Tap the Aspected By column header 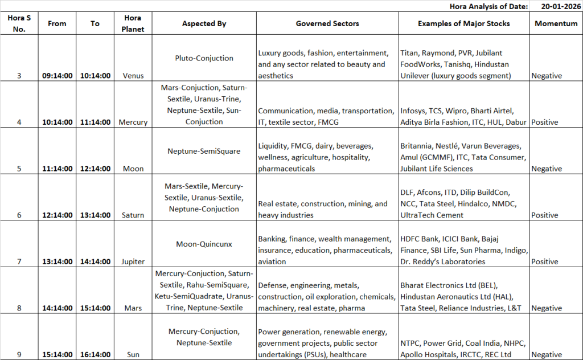click(x=204, y=24)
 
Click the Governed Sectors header click(x=327, y=24)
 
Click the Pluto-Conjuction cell click(x=204, y=58)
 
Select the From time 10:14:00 click(x=57, y=122)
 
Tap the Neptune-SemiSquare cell click(x=204, y=152)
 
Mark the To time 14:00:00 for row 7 click(x=95, y=262)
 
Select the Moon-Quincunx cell click(x=204, y=244)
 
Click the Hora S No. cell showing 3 click(x=19, y=76)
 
